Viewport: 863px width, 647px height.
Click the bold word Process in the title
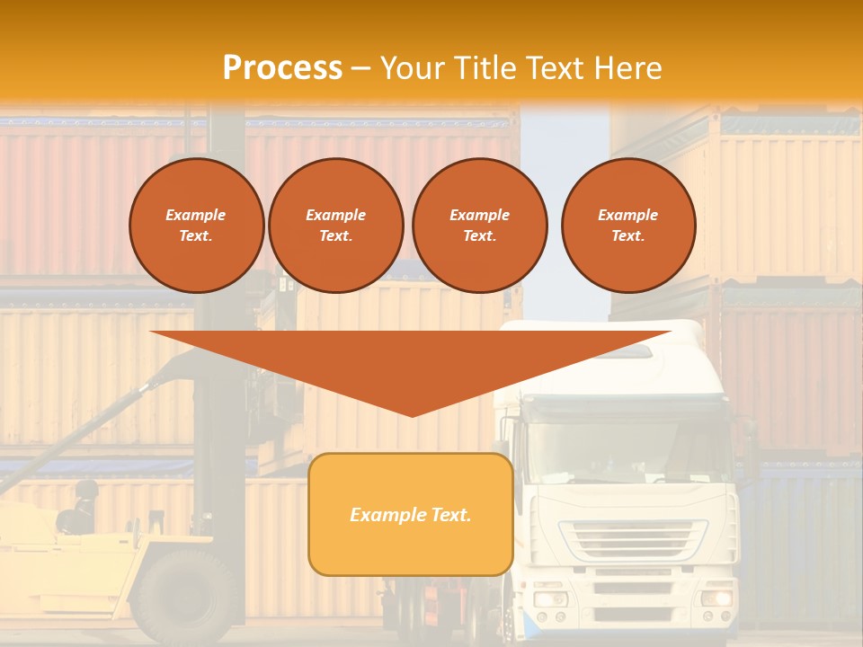point(282,68)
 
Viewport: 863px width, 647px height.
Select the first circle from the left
point(196,225)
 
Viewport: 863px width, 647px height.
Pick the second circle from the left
point(335,225)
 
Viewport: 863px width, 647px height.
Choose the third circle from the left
point(479,225)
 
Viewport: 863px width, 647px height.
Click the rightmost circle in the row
point(627,225)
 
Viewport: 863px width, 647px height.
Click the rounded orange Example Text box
point(410,514)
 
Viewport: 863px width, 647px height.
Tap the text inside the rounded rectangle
point(410,515)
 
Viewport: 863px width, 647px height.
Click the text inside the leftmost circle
point(196,226)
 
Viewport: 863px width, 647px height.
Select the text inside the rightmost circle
point(627,226)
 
